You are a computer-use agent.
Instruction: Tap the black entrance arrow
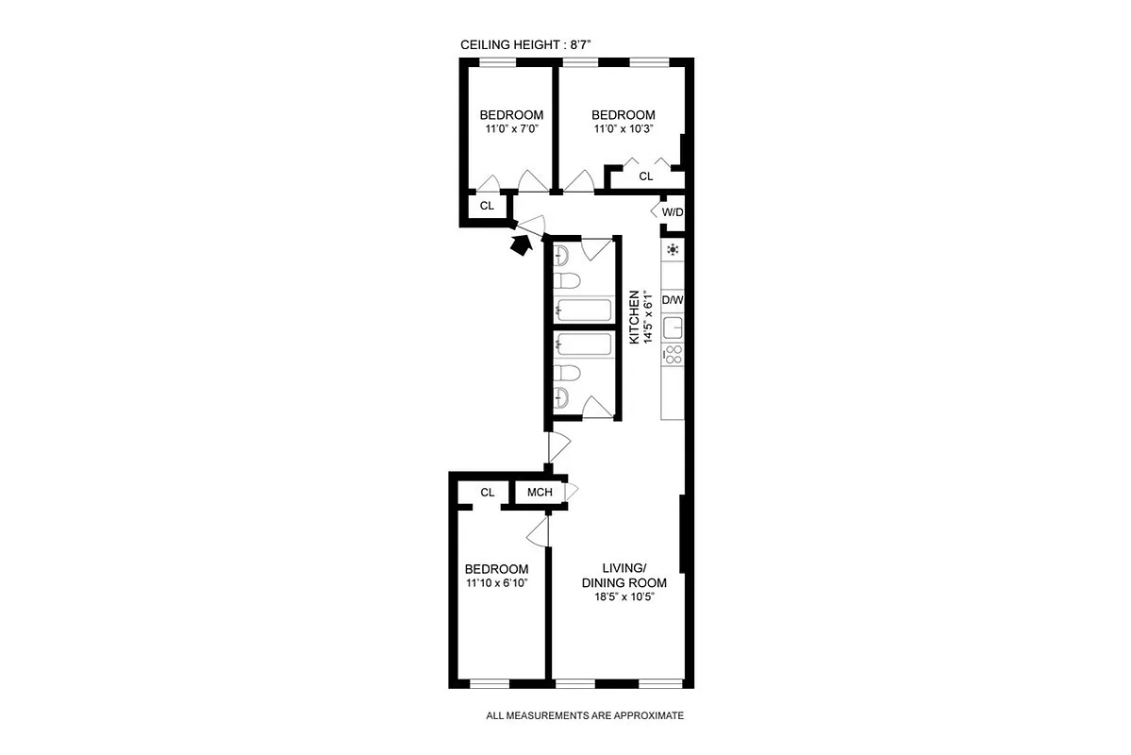click(x=518, y=244)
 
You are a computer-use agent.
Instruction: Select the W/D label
click(x=672, y=212)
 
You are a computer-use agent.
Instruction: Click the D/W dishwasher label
click(x=672, y=300)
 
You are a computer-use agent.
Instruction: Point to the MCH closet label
click(x=540, y=493)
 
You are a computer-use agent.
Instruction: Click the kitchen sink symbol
click(x=673, y=327)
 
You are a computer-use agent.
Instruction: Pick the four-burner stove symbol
click(x=673, y=354)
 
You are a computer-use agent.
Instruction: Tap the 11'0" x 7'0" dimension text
click(x=511, y=129)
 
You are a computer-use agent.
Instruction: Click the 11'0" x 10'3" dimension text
click(x=624, y=129)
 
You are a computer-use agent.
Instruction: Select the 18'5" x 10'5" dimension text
click(x=618, y=596)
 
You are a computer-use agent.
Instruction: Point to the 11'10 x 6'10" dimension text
click(x=496, y=583)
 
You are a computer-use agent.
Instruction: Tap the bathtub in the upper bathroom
click(x=585, y=310)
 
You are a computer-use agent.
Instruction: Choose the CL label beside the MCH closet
click(x=487, y=493)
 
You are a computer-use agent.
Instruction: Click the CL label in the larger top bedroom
click(x=646, y=176)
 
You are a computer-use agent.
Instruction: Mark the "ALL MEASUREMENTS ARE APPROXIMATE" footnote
click(x=584, y=716)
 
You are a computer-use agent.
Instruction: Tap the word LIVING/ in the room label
click(x=624, y=568)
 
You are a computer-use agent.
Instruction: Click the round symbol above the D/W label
click(x=673, y=250)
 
